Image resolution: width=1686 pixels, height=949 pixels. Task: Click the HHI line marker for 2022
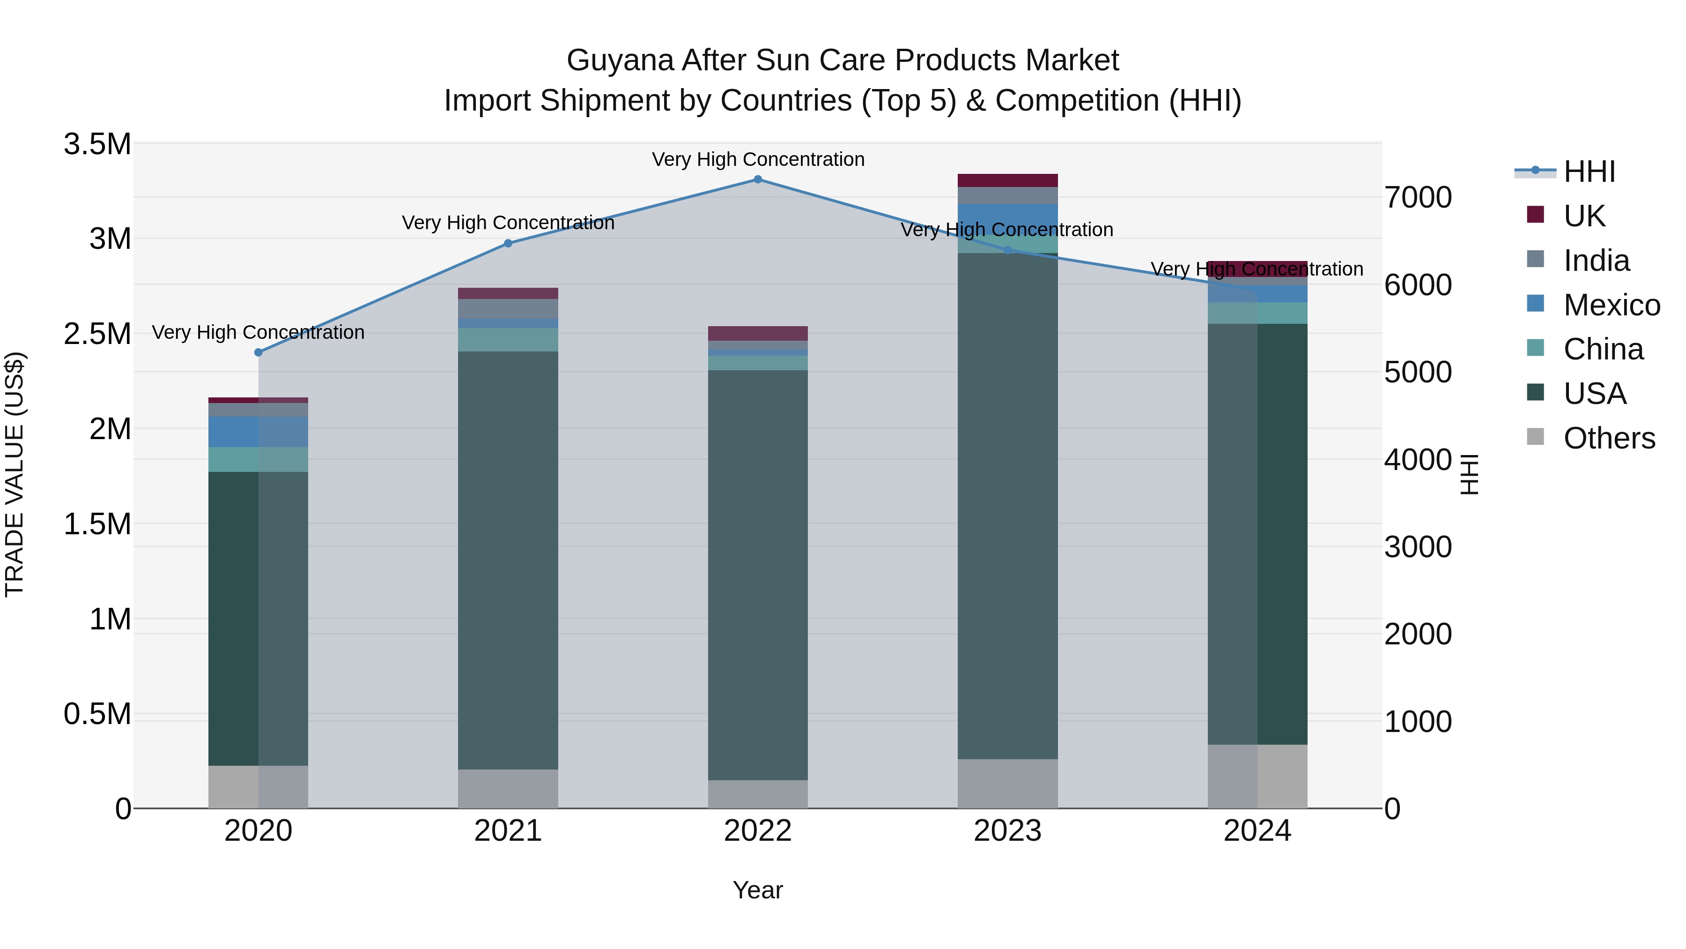click(x=758, y=179)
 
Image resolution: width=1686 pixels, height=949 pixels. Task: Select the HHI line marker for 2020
click(x=258, y=352)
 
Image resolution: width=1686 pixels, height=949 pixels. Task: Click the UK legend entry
click(x=1583, y=216)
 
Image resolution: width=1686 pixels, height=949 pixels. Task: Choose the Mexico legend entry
click(x=1611, y=305)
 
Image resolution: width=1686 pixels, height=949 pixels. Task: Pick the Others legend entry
click(x=1608, y=438)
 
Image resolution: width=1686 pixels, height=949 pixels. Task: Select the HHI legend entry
click(x=1589, y=172)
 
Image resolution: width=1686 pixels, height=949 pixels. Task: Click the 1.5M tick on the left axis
click(x=97, y=524)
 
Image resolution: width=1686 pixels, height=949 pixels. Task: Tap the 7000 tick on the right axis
click(x=1418, y=198)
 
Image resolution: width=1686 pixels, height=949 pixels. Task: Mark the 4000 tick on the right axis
click(x=1418, y=460)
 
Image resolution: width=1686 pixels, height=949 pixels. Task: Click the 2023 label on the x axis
click(x=1007, y=831)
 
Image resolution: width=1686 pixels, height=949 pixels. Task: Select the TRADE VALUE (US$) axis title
click(x=15, y=474)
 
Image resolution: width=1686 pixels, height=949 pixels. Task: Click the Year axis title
click(x=757, y=890)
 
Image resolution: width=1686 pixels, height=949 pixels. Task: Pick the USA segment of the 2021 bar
click(x=508, y=560)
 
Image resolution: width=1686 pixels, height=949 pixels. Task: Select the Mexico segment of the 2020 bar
click(x=258, y=432)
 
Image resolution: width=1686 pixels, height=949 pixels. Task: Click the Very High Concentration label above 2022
click(x=758, y=159)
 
